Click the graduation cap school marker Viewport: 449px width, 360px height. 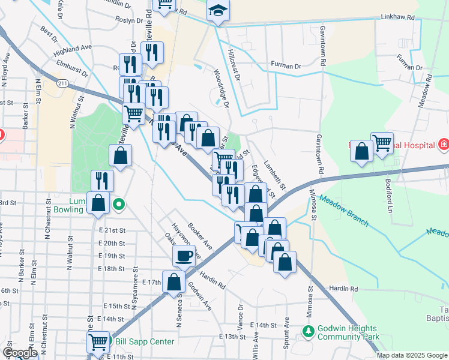[217, 11]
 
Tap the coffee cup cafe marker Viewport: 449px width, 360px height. [184, 256]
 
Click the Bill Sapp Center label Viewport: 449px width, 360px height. [145, 342]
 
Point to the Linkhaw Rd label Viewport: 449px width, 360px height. [397, 17]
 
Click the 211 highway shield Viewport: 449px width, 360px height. [62, 82]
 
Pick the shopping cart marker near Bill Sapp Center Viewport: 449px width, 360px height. [98, 343]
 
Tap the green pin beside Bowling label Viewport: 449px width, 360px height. [119, 206]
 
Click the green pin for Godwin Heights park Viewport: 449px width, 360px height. [309, 331]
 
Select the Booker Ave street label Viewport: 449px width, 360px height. [200, 236]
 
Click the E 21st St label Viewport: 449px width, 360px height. [112, 230]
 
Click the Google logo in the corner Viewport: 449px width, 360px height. [20, 352]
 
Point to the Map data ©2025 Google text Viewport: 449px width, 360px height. [411, 355]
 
